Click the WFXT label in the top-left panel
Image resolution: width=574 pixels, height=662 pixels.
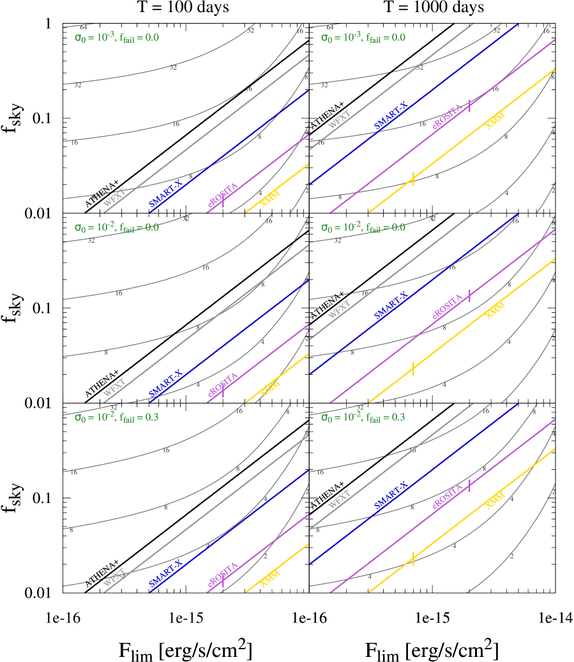(x=114, y=197)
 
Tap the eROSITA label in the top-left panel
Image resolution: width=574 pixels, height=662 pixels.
(x=223, y=195)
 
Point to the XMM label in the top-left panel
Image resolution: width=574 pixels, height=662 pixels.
(x=271, y=199)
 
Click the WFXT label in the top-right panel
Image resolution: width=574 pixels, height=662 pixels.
(x=339, y=119)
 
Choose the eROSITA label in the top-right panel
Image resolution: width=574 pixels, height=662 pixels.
(x=448, y=116)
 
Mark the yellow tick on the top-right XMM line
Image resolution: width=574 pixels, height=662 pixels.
(x=413, y=179)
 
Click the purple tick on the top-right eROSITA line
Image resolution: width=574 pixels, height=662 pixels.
(x=470, y=106)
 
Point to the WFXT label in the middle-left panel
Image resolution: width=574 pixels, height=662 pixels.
(x=114, y=387)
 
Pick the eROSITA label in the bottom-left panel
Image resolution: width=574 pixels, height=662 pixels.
(x=223, y=575)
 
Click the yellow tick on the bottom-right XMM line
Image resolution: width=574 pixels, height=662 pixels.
(x=413, y=558)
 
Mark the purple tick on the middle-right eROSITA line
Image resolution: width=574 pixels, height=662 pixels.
(x=470, y=296)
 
